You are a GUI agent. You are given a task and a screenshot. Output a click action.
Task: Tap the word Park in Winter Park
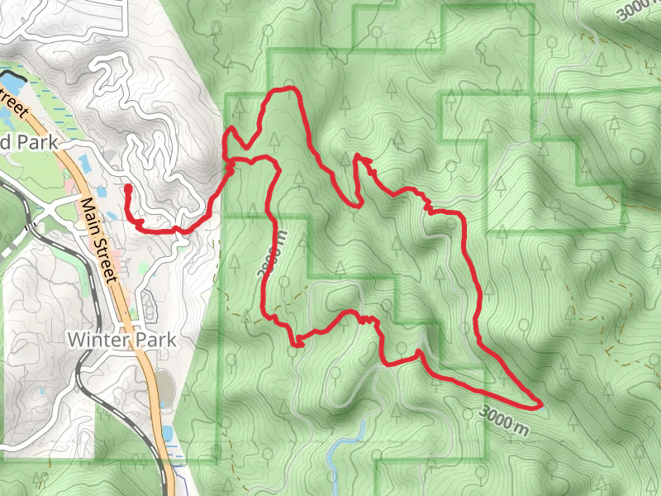click(x=153, y=340)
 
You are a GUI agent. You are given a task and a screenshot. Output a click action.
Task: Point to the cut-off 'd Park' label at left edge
click(x=29, y=142)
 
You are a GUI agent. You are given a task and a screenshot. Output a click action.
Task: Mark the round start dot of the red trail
click(x=127, y=188)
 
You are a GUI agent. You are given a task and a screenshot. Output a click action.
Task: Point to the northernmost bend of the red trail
click(x=285, y=88)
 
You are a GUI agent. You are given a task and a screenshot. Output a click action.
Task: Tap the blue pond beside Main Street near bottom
click(x=169, y=433)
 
